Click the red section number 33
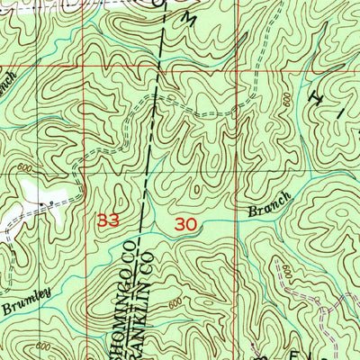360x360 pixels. [x=107, y=220]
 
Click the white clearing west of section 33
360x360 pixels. [x=40, y=191]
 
